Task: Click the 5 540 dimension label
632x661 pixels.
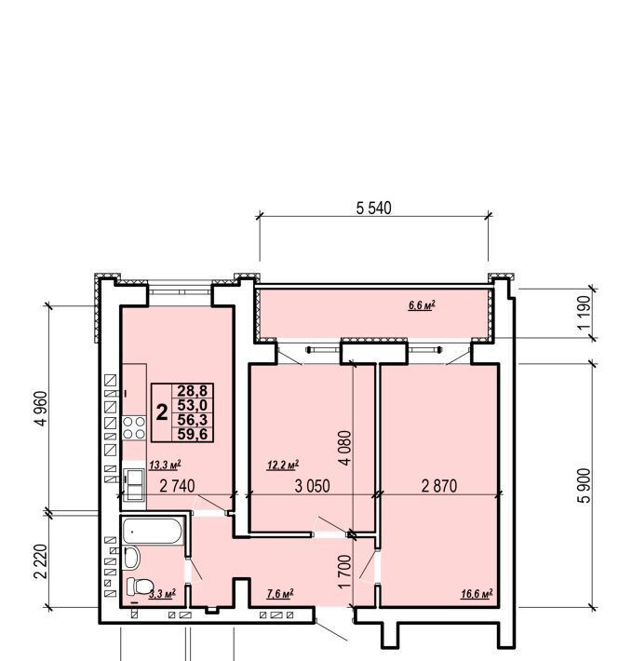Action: point(374,209)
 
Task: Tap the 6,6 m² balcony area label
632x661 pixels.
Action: point(422,305)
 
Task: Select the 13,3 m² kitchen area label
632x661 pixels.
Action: point(165,465)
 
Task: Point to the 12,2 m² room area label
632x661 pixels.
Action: point(283,465)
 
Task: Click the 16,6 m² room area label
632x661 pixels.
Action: point(477,594)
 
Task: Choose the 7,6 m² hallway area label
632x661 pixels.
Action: point(280,594)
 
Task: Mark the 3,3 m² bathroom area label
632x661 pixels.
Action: point(162,594)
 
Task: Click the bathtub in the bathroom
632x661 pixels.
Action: point(153,531)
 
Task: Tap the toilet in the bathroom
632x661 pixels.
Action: point(141,586)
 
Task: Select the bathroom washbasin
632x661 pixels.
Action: point(132,558)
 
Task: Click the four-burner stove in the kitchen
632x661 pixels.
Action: point(134,428)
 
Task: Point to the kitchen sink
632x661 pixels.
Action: point(134,484)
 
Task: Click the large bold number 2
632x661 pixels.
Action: point(162,411)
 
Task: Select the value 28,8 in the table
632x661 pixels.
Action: point(193,390)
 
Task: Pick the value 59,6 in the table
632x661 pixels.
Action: point(193,434)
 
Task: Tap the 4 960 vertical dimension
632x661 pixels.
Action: point(43,409)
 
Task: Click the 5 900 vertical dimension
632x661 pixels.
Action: point(585,486)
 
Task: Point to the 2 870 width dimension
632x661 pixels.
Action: point(439,486)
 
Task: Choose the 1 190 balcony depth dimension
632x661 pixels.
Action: point(585,313)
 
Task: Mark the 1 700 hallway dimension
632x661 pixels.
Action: point(344,571)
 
